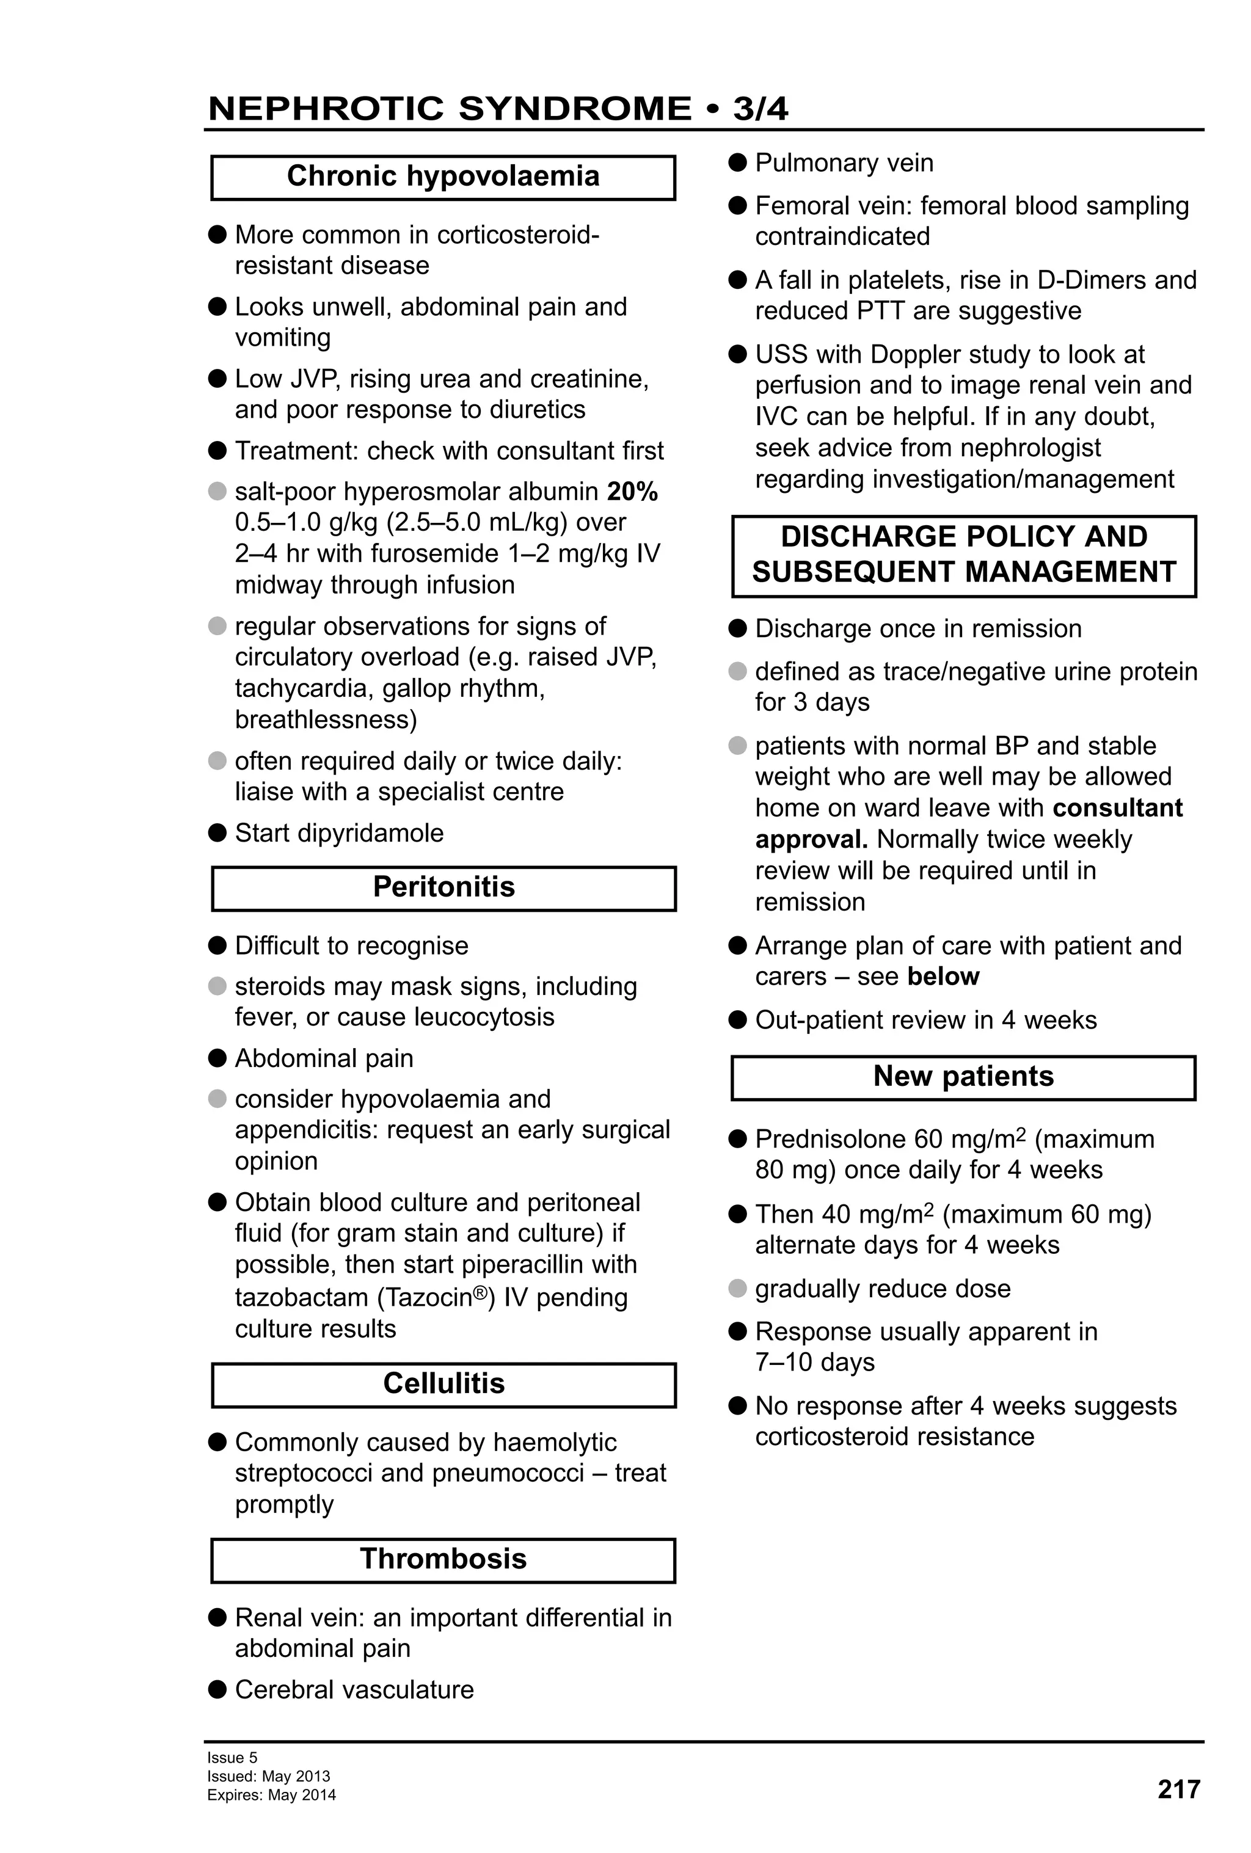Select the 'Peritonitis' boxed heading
(x=443, y=887)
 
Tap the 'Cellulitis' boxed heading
(x=443, y=1383)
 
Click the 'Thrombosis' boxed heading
(x=443, y=1558)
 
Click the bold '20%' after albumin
(x=632, y=492)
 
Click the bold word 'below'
(x=943, y=977)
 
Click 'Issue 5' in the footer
(x=232, y=1757)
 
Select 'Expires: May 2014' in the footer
(x=271, y=1795)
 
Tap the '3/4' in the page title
(x=760, y=109)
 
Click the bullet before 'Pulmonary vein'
(x=737, y=162)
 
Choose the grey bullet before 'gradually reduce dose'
(x=737, y=1289)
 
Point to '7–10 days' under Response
(x=814, y=1363)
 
